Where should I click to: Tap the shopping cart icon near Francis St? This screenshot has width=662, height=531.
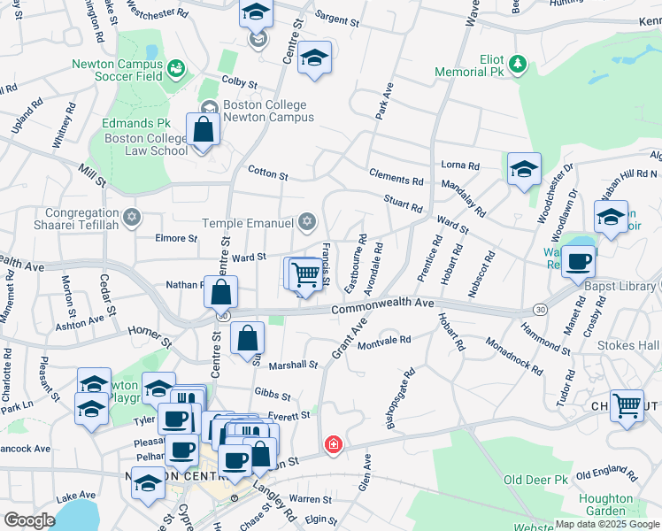[305, 273]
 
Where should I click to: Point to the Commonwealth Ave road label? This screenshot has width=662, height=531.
[382, 306]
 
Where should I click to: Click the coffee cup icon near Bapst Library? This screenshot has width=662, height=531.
[579, 261]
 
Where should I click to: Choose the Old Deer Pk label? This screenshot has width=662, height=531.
[535, 480]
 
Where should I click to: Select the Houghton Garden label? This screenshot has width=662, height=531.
[605, 504]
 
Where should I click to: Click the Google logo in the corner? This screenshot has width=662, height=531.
[29, 519]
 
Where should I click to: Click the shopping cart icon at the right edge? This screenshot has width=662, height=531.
[627, 406]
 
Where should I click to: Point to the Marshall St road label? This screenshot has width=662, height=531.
[293, 365]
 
